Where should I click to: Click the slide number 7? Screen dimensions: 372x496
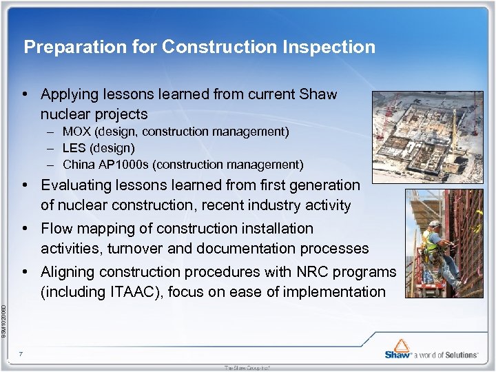point(21,354)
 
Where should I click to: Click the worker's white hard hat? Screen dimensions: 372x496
point(436,227)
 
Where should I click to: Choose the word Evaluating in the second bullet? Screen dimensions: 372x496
point(76,185)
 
